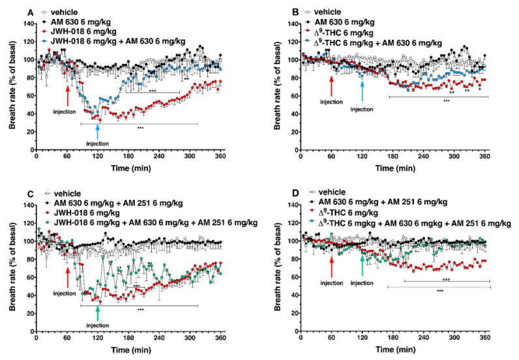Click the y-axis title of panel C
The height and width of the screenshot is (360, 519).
[x=8, y=265]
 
